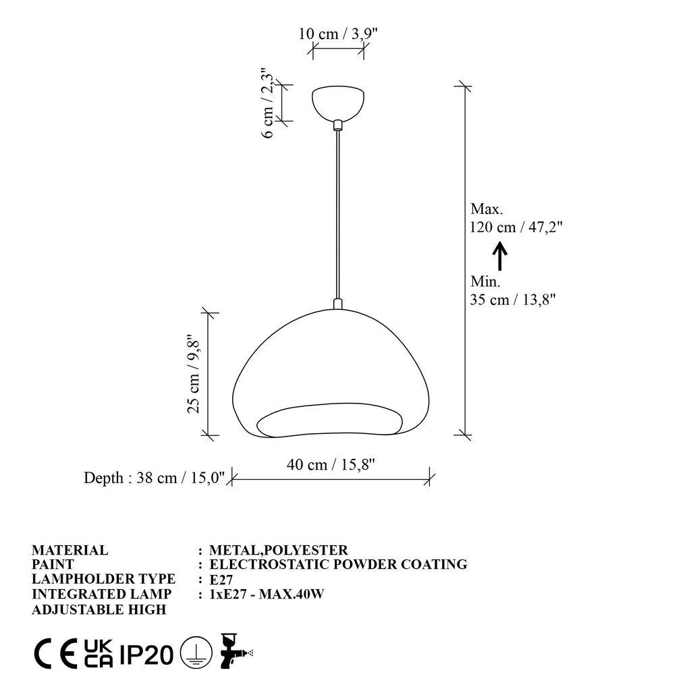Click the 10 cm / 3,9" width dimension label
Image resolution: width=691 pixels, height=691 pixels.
[337, 34]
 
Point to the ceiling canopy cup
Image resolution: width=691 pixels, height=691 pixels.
[337, 101]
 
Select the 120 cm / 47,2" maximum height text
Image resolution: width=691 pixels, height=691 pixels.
[516, 227]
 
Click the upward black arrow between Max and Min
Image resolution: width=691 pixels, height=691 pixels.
[499, 256]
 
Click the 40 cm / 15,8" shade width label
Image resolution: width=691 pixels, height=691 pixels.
[331, 464]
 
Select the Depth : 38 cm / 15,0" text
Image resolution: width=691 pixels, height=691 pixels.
[154, 478]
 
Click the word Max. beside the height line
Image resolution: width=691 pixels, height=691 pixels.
[487, 210]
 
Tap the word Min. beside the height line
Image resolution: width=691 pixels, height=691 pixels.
[485, 281]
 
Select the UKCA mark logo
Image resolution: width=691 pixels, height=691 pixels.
[98, 653]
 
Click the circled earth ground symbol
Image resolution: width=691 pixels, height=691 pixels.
[196, 653]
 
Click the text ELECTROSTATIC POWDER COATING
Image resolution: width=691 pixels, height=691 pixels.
[338, 564]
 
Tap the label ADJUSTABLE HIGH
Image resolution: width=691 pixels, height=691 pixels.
[99, 609]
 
